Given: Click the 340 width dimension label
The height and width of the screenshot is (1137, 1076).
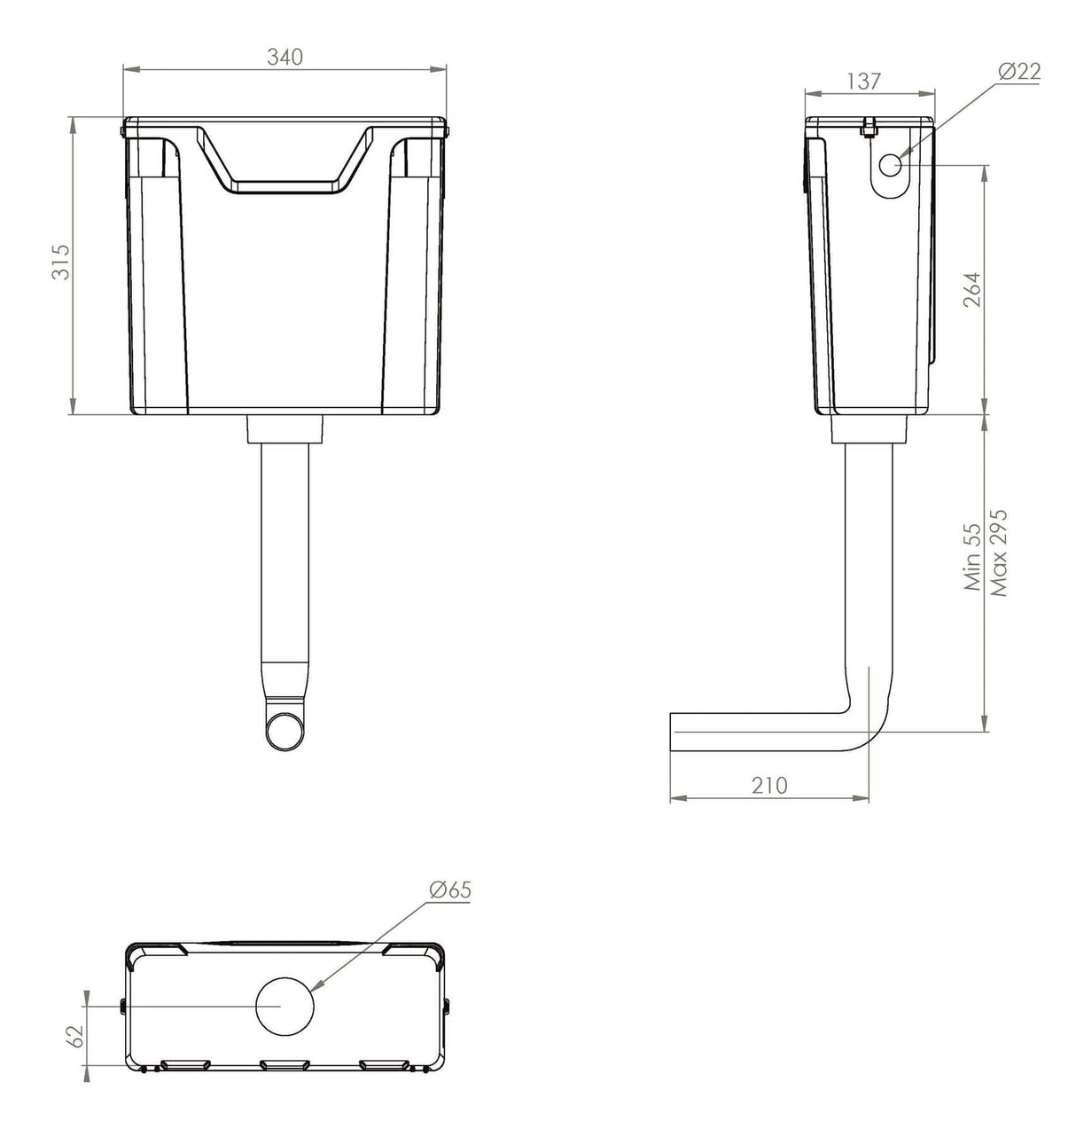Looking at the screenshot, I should (x=285, y=57).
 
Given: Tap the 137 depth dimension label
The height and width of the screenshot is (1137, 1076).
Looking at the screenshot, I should (x=863, y=81).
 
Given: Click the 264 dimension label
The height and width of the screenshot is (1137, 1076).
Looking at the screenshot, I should (x=971, y=290).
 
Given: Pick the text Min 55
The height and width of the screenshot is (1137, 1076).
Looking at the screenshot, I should (x=973, y=556).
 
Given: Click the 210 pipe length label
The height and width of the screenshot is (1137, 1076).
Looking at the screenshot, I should (x=768, y=785).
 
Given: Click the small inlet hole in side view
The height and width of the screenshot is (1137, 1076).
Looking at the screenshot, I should (x=891, y=165).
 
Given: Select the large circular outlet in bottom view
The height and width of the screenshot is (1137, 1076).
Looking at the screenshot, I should (x=285, y=1005).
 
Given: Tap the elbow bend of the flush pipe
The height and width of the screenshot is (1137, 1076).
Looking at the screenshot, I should (x=864, y=727).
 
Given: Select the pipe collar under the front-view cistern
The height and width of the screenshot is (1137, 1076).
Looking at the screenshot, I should (x=285, y=429).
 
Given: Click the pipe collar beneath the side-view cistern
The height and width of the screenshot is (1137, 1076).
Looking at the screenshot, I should (x=869, y=430).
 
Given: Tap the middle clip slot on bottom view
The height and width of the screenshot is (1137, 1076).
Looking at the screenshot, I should (x=285, y=1063).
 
